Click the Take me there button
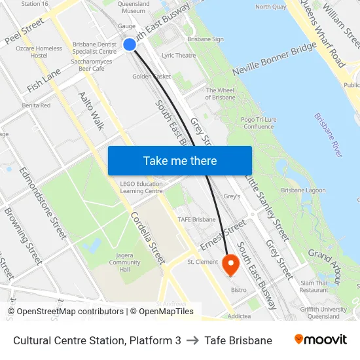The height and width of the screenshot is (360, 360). tap(179, 160)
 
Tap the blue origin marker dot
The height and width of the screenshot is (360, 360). tap(130, 45)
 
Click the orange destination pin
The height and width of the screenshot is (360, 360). tap(230, 264)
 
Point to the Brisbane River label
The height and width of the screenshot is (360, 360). tap(328, 135)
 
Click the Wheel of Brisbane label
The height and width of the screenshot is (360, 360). tap(220, 94)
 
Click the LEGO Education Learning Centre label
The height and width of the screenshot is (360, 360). tap(141, 187)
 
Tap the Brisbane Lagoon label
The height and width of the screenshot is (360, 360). tap(303, 190)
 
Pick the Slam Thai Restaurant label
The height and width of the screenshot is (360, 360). tap(314, 286)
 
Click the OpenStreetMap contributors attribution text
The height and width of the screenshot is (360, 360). tap(65, 312)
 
